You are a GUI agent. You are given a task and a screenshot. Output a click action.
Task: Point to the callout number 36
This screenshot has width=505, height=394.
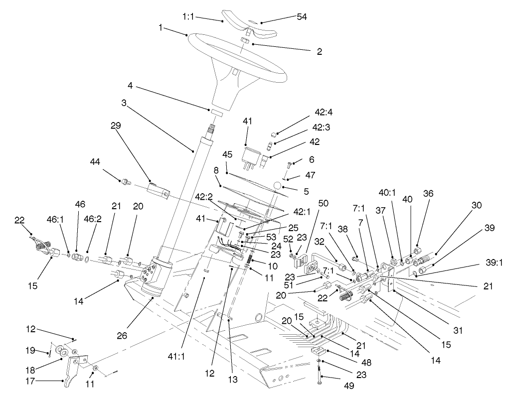(x=429, y=193)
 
